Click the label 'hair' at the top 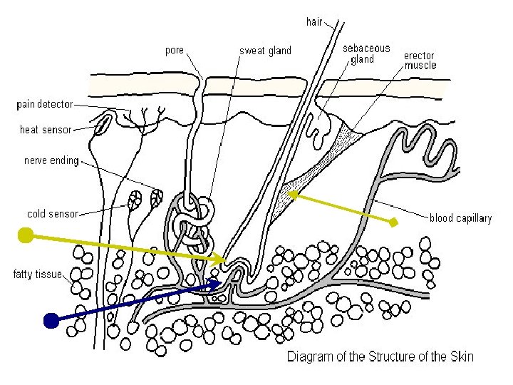tap(314, 22)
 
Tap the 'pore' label tap(174, 51)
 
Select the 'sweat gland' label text tap(265, 51)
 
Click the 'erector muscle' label tap(420, 61)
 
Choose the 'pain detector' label tap(44, 104)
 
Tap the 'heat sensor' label tap(46, 130)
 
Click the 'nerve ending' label tap(51, 160)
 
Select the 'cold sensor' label tap(52, 213)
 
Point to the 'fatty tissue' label tap(37, 274)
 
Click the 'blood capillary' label tap(460, 218)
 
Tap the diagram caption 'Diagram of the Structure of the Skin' tap(380, 356)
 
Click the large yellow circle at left tap(25, 235)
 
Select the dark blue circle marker tap(51, 321)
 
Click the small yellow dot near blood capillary tap(393, 222)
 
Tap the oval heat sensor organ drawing tap(103, 124)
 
